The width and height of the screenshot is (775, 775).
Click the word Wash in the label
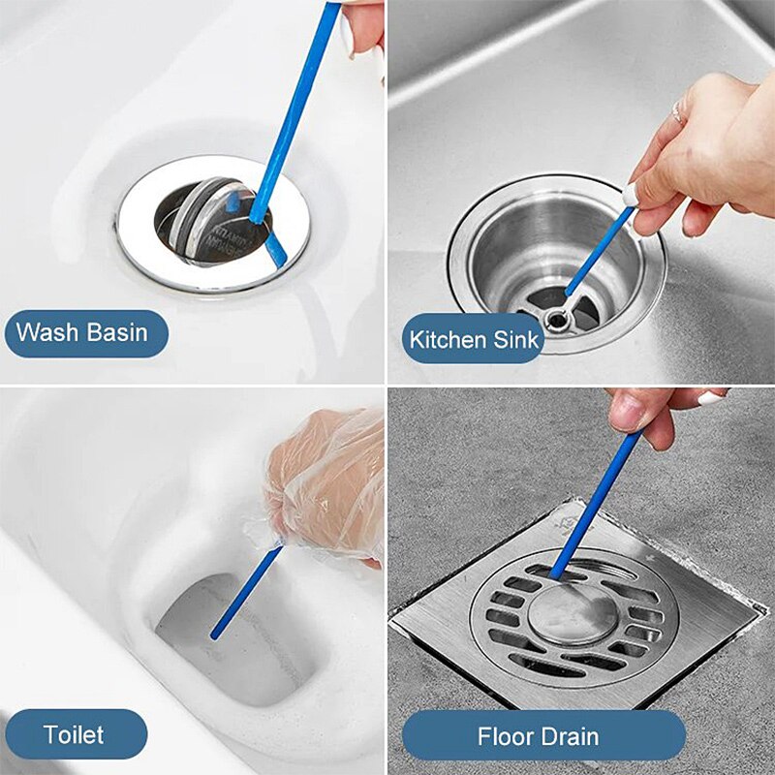[46, 333]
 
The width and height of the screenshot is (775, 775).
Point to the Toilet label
[74, 733]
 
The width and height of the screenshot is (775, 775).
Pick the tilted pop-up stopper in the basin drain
[208, 223]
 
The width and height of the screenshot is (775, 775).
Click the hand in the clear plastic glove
[325, 484]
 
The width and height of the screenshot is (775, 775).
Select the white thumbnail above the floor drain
[710, 397]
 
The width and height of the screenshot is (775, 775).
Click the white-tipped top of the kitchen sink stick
[631, 196]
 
